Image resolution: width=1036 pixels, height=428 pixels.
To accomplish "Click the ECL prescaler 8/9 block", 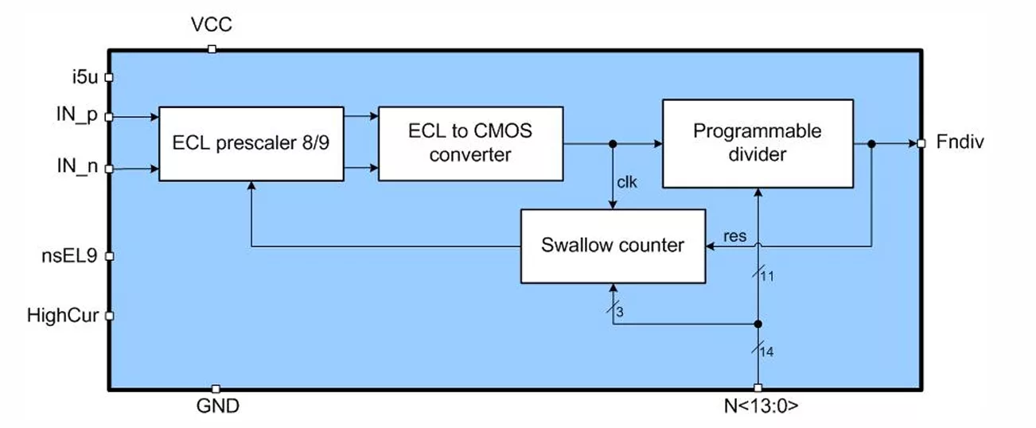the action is [251, 144].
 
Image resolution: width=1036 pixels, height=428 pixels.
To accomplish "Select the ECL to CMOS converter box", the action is [470, 144].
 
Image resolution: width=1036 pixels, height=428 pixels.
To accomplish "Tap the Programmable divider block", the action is [758, 143].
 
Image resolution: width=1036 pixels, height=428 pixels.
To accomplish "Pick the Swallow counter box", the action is [613, 246].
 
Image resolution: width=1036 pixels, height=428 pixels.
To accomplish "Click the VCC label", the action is [212, 25].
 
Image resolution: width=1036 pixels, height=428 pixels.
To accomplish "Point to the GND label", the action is [218, 406].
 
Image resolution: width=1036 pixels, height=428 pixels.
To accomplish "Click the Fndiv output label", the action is [960, 142].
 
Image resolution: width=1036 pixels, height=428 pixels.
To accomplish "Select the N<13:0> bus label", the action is [761, 406].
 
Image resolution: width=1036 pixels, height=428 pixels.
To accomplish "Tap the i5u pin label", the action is [85, 77].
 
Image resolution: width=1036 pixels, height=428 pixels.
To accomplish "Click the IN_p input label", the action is [76, 115].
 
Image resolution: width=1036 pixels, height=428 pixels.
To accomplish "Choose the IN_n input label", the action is [77, 166].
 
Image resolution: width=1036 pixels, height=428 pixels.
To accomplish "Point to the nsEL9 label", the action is [69, 255].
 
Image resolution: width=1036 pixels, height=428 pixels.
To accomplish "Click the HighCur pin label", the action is [63, 315].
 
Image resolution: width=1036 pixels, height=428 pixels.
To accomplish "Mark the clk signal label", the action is [627, 182].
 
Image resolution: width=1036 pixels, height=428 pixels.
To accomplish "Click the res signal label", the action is [735, 236].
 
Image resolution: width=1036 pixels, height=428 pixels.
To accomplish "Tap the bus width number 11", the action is [767, 276].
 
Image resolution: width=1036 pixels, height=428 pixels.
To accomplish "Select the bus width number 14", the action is [766, 352].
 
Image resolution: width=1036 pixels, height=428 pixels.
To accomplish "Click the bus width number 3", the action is [620, 312].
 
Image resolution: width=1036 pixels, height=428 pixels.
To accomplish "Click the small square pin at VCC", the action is [212, 49].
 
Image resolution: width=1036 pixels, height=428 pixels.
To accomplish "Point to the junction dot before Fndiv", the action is [871, 144].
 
